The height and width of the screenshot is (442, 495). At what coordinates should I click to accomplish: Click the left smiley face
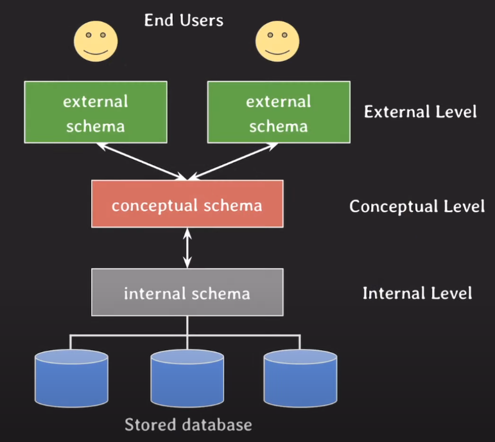tap(96, 41)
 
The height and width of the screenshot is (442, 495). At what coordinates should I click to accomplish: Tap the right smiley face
tap(277, 41)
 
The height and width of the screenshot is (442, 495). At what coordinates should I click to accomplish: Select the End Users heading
tap(184, 20)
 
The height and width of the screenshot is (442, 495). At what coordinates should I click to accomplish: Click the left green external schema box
tap(96, 112)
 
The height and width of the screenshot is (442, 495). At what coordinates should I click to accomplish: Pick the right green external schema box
tap(279, 112)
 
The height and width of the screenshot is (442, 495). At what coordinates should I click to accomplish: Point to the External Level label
tap(420, 112)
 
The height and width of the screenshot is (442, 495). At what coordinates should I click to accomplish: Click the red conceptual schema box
tap(187, 204)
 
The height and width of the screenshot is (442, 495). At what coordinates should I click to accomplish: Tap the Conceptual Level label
tap(417, 206)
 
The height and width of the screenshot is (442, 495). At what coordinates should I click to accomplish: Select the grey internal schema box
tap(187, 292)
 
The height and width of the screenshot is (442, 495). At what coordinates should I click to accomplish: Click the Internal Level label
tap(417, 293)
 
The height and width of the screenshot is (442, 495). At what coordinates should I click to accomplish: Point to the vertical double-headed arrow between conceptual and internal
tap(187, 248)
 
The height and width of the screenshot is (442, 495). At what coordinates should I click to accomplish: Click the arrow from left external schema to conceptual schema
tap(142, 161)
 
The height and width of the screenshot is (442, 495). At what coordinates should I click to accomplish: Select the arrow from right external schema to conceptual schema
tap(233, 161)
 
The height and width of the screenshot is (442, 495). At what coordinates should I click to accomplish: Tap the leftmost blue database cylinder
tap(71, 378)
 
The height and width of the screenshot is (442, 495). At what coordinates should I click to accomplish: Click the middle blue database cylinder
tap(187, 378)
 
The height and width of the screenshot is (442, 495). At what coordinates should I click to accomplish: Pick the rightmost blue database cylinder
tap(300, 378)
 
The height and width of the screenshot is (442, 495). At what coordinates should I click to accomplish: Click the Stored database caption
tap(188, 424)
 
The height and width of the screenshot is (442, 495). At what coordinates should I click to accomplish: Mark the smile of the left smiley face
tap(96, 52)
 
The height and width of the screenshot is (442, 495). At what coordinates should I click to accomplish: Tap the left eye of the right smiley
tap(270, 35)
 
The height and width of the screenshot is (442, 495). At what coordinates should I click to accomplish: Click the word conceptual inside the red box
tap(155, 206)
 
